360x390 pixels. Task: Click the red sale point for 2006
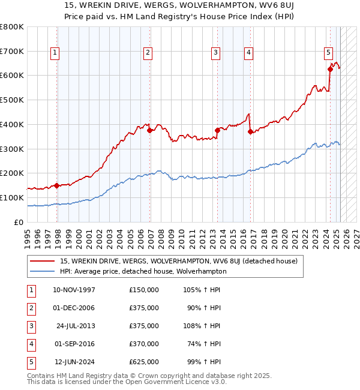(150, 130)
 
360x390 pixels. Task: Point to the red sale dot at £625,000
(330, 69)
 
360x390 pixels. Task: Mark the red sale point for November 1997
(57, 185)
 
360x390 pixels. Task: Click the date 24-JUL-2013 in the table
(76, 326)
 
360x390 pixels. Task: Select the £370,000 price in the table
(144, 344)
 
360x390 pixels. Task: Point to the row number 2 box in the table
(30, 308)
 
